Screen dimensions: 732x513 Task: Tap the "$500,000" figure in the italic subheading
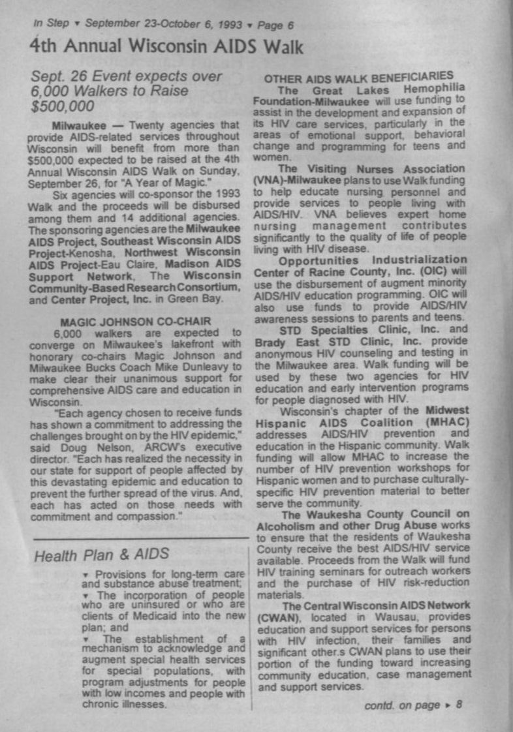[62, 106]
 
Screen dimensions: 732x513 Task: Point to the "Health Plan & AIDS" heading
[101, 555]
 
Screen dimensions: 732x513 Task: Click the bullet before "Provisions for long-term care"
[85, 573]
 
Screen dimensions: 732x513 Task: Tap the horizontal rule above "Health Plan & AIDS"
[140, 538]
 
